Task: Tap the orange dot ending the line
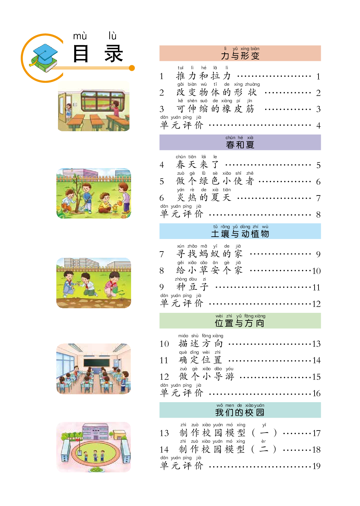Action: pyautogui.click(x=132, y=68)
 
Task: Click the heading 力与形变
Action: pyautogui.click(x=240, y=56)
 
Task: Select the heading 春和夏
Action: pyautogui.click(x=240, y=145)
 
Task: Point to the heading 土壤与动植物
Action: pyautogui.click(x=240, y=234)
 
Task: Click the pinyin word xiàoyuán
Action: pyautogui.click(x=255, y=405)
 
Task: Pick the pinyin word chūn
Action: pyautogui.click(x=230, y=138)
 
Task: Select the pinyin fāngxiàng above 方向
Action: pyautogui.click(x=255, y=316)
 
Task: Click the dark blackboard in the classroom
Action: pyautogui.click(x=97, y=362)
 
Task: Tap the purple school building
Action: pyautogui.click(x=95, y=432)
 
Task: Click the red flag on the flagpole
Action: pyautogui.click(x=77, y=439)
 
